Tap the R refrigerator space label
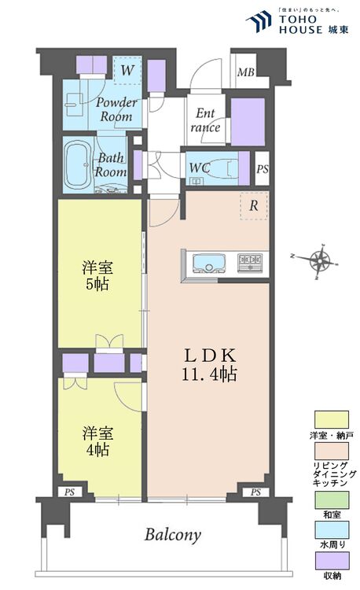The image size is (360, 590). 254,205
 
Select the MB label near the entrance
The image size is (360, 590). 245,74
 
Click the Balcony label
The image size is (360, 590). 173,535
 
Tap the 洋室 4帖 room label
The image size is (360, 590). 95,441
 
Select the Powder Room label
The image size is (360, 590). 116,110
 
